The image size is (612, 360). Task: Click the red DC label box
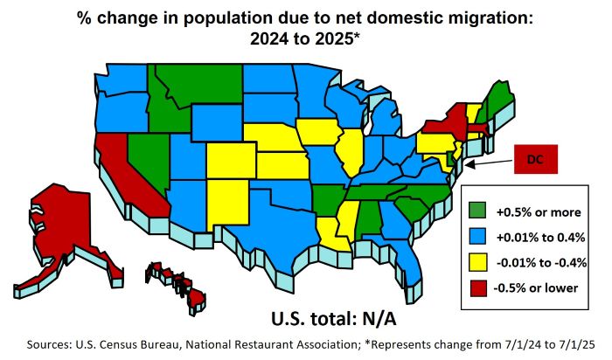pyautogui.click(x=536, y=160)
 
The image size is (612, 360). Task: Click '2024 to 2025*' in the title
pyautogui.click(x=307, y=40)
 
